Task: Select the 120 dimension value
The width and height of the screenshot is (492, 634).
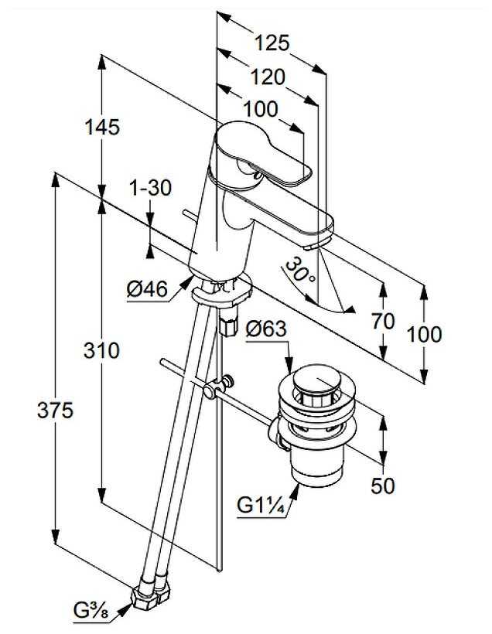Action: (x=268, y=77)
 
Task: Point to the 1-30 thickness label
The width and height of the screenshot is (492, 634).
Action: (x=151, y=187)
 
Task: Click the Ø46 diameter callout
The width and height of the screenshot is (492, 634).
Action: (x=147, y=290)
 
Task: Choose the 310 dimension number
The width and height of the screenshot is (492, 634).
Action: (x=102, y=350)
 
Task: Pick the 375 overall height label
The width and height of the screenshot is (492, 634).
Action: (x=56, y=411)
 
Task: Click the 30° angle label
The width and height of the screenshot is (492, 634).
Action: (x=299, y=272)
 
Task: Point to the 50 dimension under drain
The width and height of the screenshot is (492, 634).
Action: (x=382, y=486)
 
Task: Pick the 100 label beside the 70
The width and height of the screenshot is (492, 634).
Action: (x=425, y=334)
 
